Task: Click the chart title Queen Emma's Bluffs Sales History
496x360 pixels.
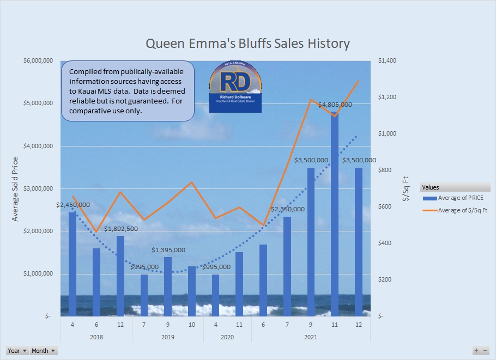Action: coord(247,44)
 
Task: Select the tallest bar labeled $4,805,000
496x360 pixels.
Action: coord(334,218)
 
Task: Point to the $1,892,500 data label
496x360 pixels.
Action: coord(121,229)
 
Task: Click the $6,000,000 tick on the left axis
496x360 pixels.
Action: coord(38,60)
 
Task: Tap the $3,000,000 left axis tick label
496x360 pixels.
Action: coord(38,188)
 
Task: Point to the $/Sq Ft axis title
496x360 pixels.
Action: coord(405,188)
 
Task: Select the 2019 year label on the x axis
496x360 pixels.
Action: coord(167,337)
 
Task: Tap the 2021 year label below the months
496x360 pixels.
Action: coord(311,337)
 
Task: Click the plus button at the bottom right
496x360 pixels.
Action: coord(476,351)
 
